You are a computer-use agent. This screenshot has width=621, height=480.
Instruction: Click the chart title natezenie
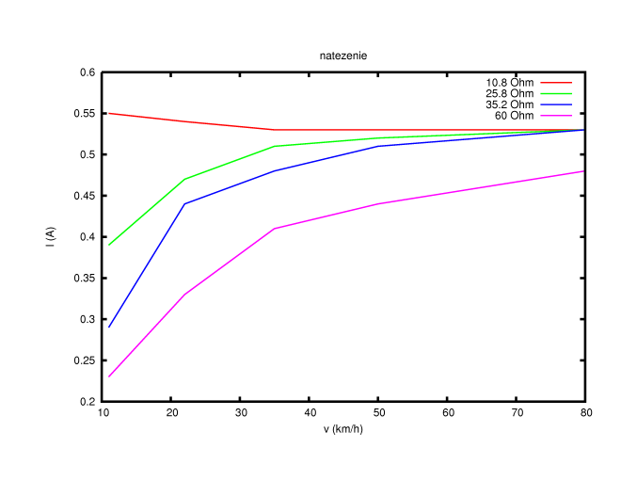(x=342, y=56)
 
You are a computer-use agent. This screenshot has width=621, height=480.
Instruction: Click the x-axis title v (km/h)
(x=342, y=429)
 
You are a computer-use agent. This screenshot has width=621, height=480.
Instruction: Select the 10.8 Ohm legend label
(x=508, y=83)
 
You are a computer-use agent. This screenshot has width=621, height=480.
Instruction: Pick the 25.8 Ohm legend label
(x=508, y=94)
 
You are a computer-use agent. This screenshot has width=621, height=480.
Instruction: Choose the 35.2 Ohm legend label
(x=508, y=104)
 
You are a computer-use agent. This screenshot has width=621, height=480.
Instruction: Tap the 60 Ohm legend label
(x=514, y=116)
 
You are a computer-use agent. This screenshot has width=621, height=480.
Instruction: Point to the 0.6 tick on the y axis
(x=88, y=72)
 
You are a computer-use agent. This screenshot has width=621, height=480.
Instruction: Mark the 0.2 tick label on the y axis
(x=88, y=402)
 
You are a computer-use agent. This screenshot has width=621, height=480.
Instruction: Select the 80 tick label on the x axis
(x=585, y=413)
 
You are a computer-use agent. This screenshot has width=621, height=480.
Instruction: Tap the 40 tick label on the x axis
(x=310, y=413)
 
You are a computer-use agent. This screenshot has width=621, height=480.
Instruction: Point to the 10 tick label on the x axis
(x=103, y=413)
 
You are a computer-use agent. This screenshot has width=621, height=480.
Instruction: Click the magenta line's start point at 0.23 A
(x=109, y=376)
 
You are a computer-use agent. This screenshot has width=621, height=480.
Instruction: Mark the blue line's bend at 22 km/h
(x=184, y=204)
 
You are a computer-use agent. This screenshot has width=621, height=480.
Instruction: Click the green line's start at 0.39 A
(x=109, y=245)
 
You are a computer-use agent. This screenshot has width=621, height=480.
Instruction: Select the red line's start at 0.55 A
(x=109, y=113)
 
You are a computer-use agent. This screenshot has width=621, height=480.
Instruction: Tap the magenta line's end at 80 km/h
(x=585, y=171)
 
